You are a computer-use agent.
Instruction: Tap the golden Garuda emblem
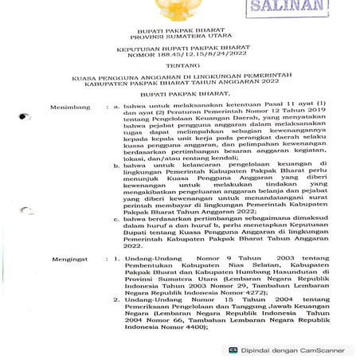coord(178,10)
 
